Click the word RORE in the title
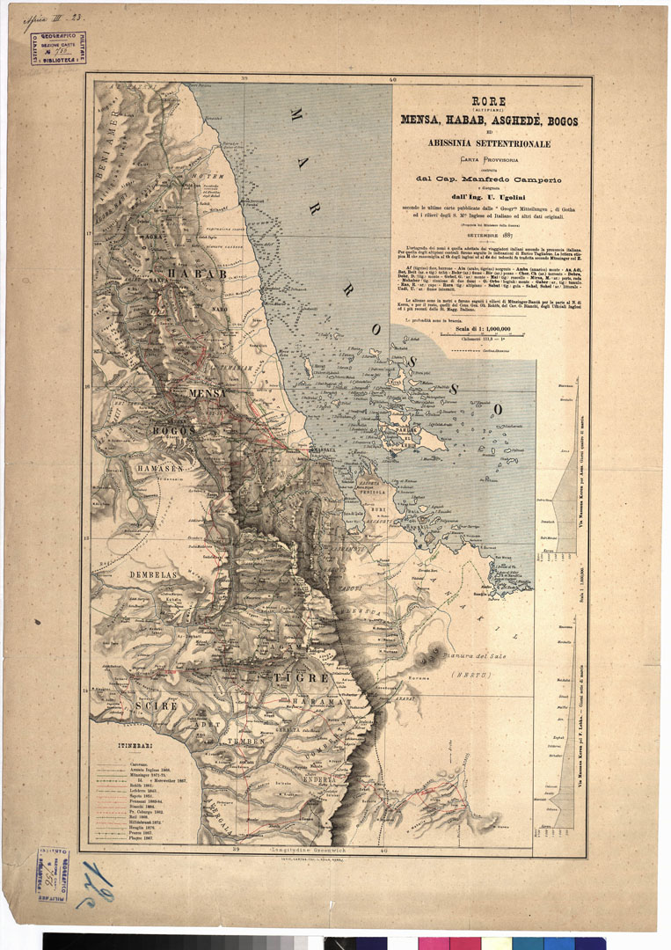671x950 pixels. (x=489, y=102)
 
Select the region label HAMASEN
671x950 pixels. (x=159, y=469)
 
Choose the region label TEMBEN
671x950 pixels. (x=247, y=742)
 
